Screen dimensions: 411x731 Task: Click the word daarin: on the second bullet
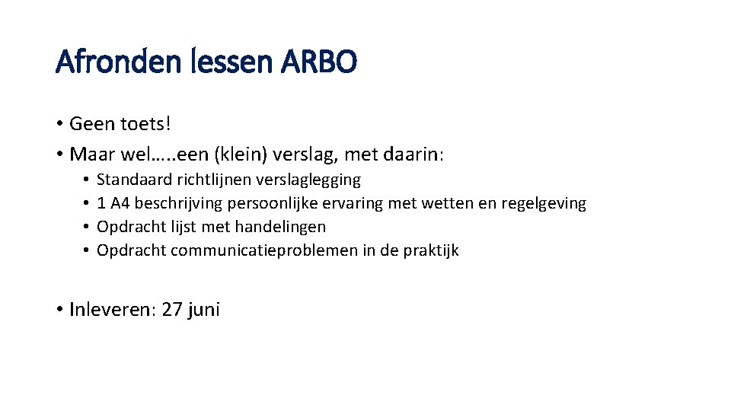(413, 155)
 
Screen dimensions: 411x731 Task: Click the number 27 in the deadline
(172, 310)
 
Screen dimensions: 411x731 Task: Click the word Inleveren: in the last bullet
(113, 310)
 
